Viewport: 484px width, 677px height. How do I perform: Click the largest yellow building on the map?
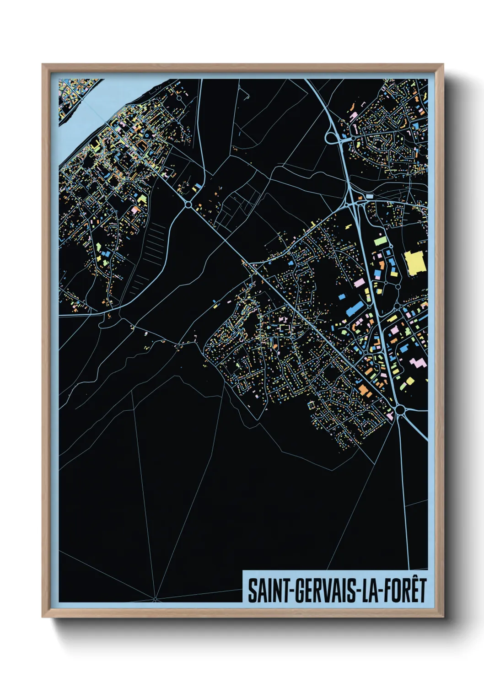tap(415, 263)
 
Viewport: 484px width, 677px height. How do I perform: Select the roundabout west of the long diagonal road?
tap(188, 204)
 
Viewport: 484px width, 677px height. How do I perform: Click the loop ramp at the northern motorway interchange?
tap(331, 137)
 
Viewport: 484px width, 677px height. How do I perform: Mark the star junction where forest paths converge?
tap(155, 599)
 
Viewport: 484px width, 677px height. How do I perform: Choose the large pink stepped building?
tap(417, 364)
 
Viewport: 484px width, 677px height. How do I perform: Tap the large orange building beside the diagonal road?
tap(364, 389)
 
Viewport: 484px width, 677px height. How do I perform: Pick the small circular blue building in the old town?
tap(146, 135)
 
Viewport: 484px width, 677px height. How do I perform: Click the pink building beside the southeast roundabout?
tap(390, 416)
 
